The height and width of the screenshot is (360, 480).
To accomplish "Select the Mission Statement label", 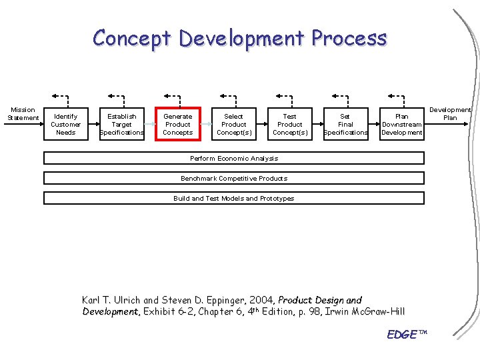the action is click(x=23, y=114).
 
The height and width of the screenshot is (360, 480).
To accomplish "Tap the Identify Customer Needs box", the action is click(x=65, y=124).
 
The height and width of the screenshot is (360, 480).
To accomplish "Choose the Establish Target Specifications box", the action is click(x=121, y=124).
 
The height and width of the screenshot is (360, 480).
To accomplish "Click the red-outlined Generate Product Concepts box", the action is click(x=177, y=124).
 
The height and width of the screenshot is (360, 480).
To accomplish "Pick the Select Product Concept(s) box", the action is click(x=233, y=124).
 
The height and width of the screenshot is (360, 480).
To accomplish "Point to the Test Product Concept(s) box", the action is click(x=289, y=124).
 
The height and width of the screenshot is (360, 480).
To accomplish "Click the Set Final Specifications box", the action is click(x=345, y=124).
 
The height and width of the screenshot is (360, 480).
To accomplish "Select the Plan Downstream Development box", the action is click(x=401, y=124).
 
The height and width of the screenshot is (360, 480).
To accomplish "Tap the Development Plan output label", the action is click(x=450, y=113).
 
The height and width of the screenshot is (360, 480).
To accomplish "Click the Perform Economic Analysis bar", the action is click(x=233, y=159).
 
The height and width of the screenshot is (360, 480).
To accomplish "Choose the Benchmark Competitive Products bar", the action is click(x=233, y=178).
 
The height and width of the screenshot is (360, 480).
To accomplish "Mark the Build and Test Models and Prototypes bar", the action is click(x=233, y=198).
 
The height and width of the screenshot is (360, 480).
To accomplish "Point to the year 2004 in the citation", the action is click(x=261, y=300).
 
